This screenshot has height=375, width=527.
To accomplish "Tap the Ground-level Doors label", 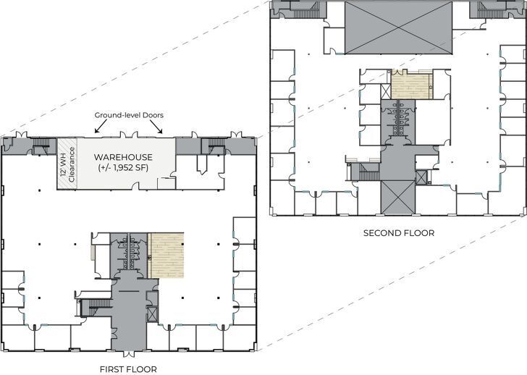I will click(128, 115).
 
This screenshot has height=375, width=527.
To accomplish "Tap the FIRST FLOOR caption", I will click(127, 369).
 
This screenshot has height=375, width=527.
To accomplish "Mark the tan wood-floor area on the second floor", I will click(410, 85).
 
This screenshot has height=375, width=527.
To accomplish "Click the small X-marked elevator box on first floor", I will click(151, 313).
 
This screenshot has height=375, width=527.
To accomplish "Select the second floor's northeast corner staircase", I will click(486, 9).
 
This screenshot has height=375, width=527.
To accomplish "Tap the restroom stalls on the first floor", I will click(131, 246).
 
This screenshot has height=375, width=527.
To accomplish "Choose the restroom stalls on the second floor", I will click(400, 116).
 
